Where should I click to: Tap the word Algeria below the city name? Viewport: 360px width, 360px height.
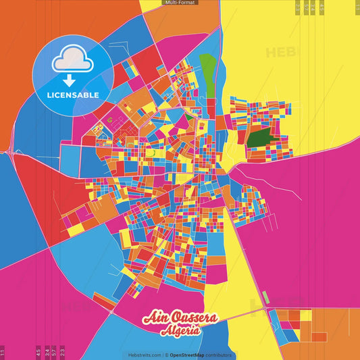click(180, 331)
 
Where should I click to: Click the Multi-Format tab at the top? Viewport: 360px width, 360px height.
click(180, 3)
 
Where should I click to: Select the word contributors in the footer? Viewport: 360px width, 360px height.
click(219, 355)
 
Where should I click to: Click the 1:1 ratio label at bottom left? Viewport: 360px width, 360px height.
click(3, 352)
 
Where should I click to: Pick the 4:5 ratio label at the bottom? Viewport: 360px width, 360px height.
click(38, 352)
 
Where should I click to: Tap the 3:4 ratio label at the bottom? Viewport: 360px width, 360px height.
click(47, 352)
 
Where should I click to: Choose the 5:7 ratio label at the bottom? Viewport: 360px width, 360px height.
click(54, 352)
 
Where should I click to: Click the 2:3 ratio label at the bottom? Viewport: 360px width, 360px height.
click(62, 352)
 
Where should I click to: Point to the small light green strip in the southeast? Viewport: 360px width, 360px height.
click(265, 297)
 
